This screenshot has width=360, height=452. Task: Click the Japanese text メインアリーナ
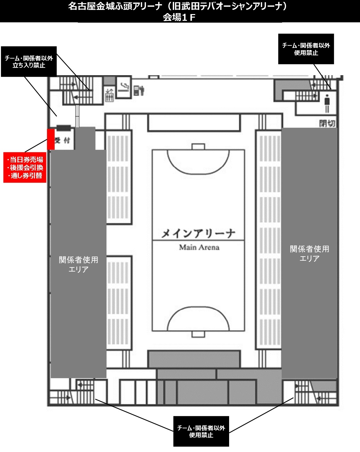coord(198,234)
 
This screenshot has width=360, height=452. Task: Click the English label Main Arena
coord(199,247)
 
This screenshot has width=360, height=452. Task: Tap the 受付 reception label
coord(62,140)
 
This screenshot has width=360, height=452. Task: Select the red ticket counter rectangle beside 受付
coord(51,139)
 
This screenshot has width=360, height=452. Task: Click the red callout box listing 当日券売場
coord(25,168)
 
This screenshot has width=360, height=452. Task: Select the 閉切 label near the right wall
coord(327,123)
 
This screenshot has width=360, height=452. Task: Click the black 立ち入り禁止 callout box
coord(29,61)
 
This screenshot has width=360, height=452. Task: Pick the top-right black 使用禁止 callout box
coord(306,49)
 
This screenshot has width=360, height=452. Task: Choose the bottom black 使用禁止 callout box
coord(201,431)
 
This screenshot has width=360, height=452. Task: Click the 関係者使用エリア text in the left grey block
coord(78,264)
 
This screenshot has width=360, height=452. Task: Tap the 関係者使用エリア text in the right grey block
coord(309,253)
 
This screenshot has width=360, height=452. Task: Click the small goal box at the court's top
coord(198,147)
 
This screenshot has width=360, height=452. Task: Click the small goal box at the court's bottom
coord(198,334)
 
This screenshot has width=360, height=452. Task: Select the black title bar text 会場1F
coord(179,18)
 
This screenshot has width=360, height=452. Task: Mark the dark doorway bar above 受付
coord(64,127)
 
